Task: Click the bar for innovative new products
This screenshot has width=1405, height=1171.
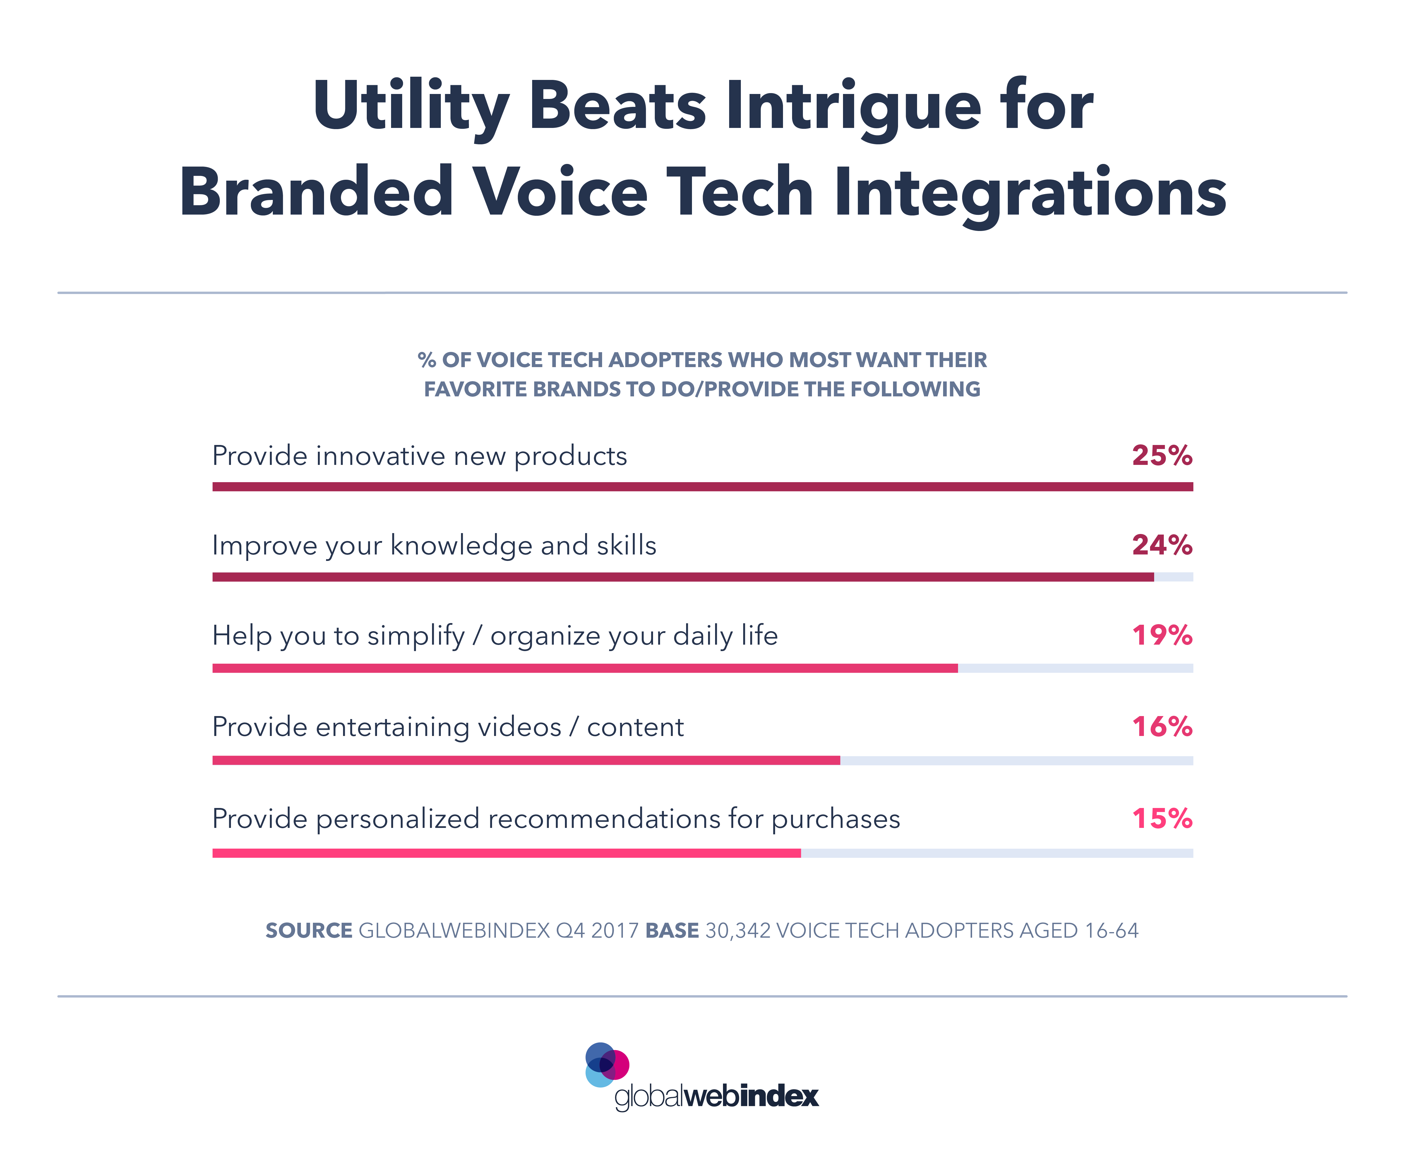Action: click(x=702, y=487)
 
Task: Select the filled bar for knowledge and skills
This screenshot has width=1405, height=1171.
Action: click(x=682, y=577)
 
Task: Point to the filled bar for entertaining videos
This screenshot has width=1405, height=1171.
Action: click(x=526, y=760)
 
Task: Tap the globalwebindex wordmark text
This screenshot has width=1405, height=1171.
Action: click(x=716, y=1096)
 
